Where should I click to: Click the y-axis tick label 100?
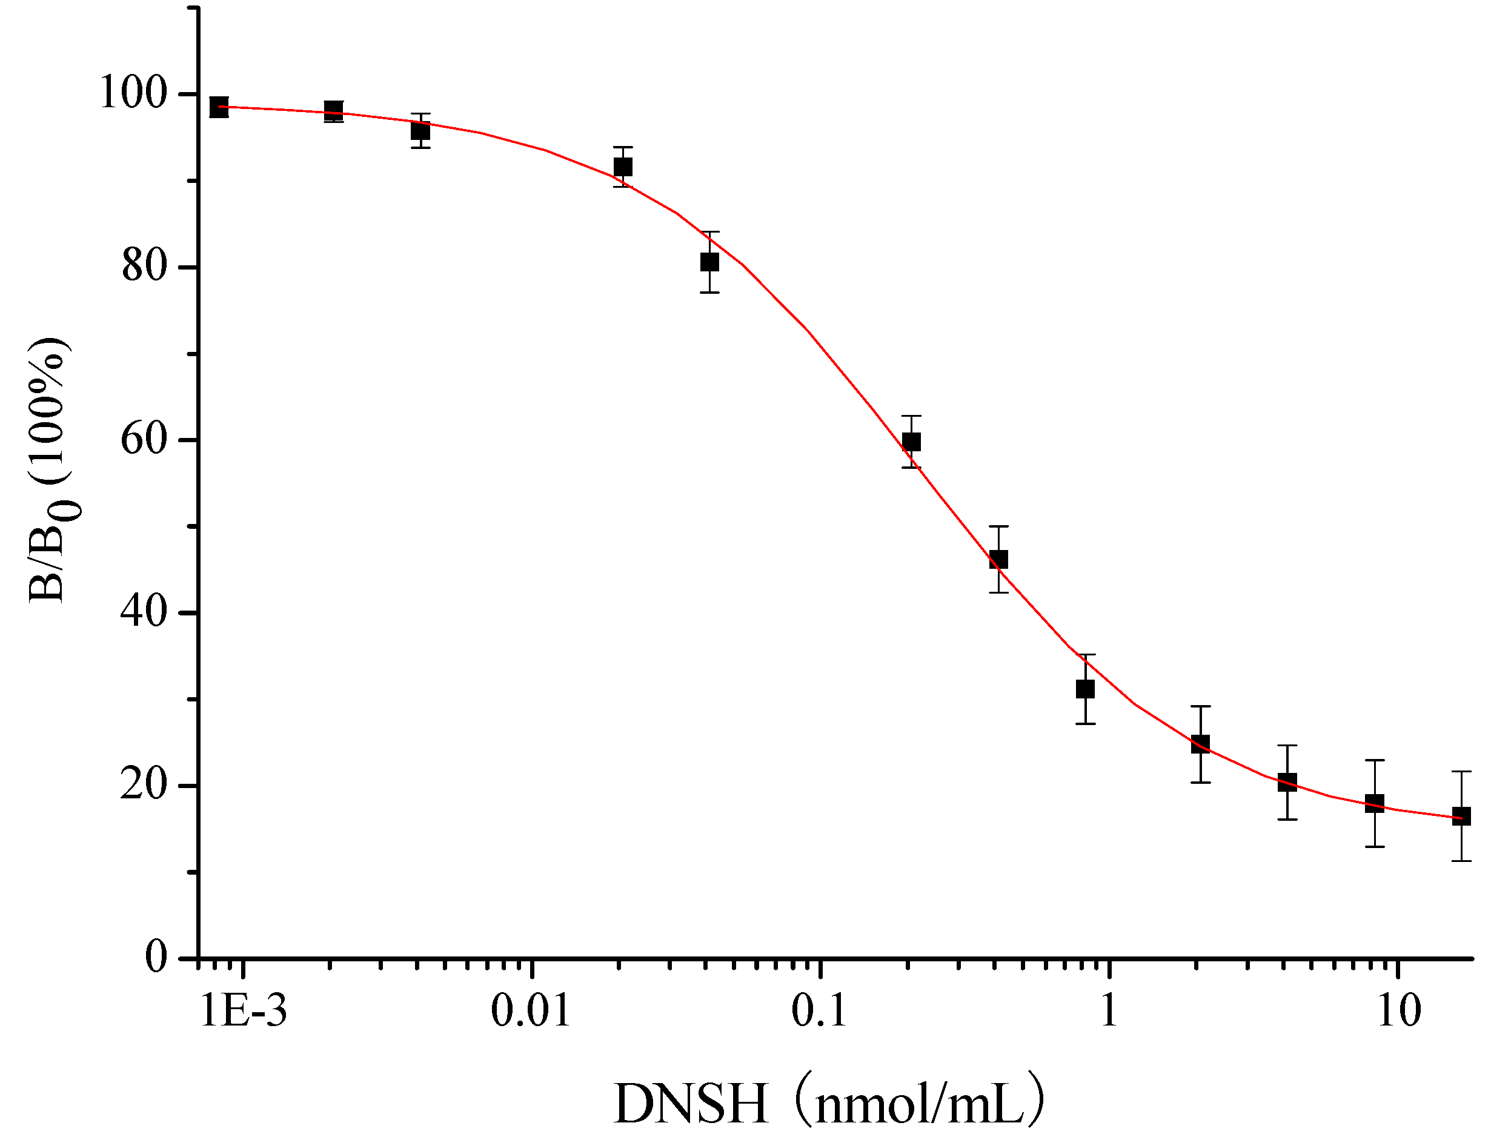pyautogui.click(x=133, y=92)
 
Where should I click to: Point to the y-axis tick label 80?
pyautogui.click(x=145, y=266)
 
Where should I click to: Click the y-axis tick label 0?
pyautogui.click(x=156, y=958)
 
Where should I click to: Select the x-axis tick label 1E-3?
pyautogui.click(x=244, y=1010)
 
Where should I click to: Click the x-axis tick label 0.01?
pyautogui.click(x=531, y=1010)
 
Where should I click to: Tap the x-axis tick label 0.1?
pyautogui.click(x=819, y=1010)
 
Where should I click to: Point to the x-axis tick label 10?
pyautogui.click(x=1399, y=1010)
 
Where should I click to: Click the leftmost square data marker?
pyautogui.click(x=219, y=107)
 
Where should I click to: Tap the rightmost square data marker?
pyautogui.click(x=1461, y=816)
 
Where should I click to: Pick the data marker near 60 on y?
pyautogui.click(x=911, y=442)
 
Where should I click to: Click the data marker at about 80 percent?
pyautogui.click(x=710, y=262)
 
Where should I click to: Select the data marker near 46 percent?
pyautogui.click(x=998, y=560)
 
